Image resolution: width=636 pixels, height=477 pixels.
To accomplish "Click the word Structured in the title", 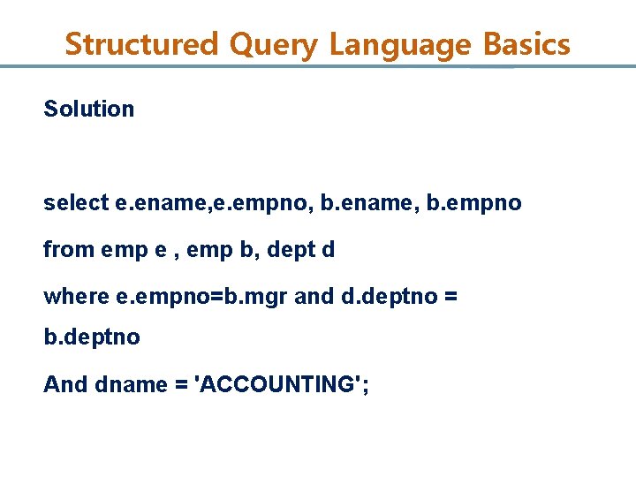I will (141, 43).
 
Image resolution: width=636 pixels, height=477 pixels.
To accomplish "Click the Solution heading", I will (89, 110).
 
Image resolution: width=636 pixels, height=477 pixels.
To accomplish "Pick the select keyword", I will (77, 203).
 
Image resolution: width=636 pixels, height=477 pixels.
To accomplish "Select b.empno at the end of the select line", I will (474, 204).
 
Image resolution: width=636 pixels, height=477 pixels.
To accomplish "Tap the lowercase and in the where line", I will (314, 296).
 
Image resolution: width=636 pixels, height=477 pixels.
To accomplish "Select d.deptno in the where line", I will (389, 296).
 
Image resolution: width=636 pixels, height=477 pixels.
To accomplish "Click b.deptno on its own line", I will (92, 338).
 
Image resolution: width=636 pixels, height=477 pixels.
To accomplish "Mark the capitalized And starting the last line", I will (63, 384).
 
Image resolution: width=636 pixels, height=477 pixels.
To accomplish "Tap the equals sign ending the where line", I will (451, 297).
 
